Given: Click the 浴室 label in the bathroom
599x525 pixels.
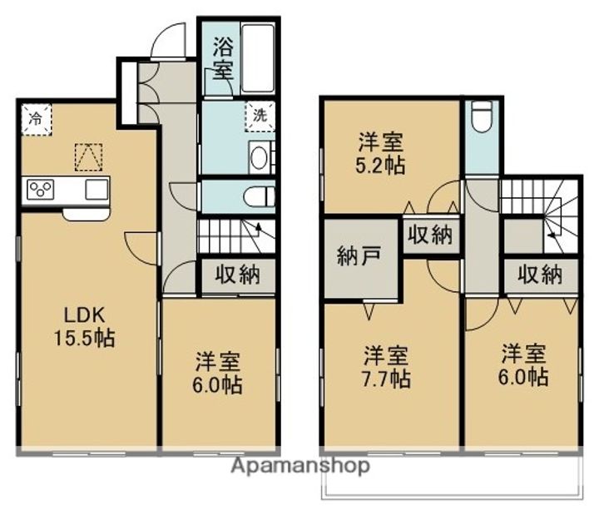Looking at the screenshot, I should click(223, 57).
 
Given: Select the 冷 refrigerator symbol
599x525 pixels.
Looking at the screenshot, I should click(36, 118).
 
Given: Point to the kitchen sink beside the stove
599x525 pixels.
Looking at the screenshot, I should click(95, 189).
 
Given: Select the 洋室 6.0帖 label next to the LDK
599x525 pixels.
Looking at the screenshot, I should click(219, 374).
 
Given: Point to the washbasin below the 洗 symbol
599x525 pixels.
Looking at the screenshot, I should click(260, 157).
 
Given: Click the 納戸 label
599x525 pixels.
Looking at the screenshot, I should click(360, 255).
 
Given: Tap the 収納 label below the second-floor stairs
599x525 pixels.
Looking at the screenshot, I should click(538, 274).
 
